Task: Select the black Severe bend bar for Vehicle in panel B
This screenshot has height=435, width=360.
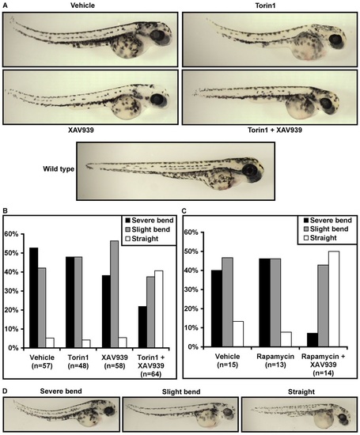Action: pyautogui.click(x=33, y=297)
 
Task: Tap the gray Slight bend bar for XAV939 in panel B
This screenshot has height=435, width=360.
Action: pyautogui.click(x=115, y=294)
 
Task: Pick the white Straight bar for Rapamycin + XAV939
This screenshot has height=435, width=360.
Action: pyautogui.click(x=333, y=299)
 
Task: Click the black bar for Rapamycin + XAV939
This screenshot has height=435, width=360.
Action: pyautogui.click(x=313, y=340)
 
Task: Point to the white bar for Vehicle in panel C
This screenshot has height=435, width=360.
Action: pyautogui.click(x=238, y=334)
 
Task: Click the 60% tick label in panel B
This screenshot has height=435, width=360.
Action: pyautogui.click(x=11, y=234)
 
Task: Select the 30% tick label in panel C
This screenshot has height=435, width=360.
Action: pyautogui.click(x=191, y=289)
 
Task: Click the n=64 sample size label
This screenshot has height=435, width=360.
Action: pyautogui.click(x=151, y=374)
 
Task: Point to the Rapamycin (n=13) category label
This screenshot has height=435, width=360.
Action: pyautogui.click(x=275, y=361)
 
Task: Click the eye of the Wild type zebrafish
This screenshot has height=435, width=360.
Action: pyautogui.click(x=248, y=169)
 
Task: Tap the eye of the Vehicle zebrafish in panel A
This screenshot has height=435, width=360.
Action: pyautogui.click(x=157, y=36)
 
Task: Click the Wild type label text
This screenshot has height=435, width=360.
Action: pyautogui.click(x=59, y=168)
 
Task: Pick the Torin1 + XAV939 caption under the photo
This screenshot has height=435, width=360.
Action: pyautogui.click(x=275, y=130)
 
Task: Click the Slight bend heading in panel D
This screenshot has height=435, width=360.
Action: pyautogui.click(x=181, y=391)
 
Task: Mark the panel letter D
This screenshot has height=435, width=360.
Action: pyautogui.click(x=5, y=391)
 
